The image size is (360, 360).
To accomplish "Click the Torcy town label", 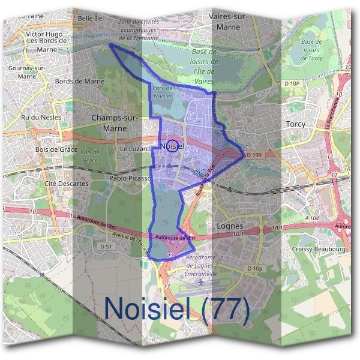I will point(295,124).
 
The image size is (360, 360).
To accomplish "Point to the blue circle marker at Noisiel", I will point(172,146).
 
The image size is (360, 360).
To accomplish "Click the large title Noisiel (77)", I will point(176,308).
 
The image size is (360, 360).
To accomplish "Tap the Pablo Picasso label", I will point(129,179).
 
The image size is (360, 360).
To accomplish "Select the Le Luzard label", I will point(133,148).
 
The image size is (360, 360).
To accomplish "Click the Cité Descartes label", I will point(67,184).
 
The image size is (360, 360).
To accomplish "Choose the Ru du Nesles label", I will point(41,118).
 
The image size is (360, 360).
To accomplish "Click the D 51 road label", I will point(106,247).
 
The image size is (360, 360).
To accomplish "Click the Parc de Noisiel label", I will point(163,92).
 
